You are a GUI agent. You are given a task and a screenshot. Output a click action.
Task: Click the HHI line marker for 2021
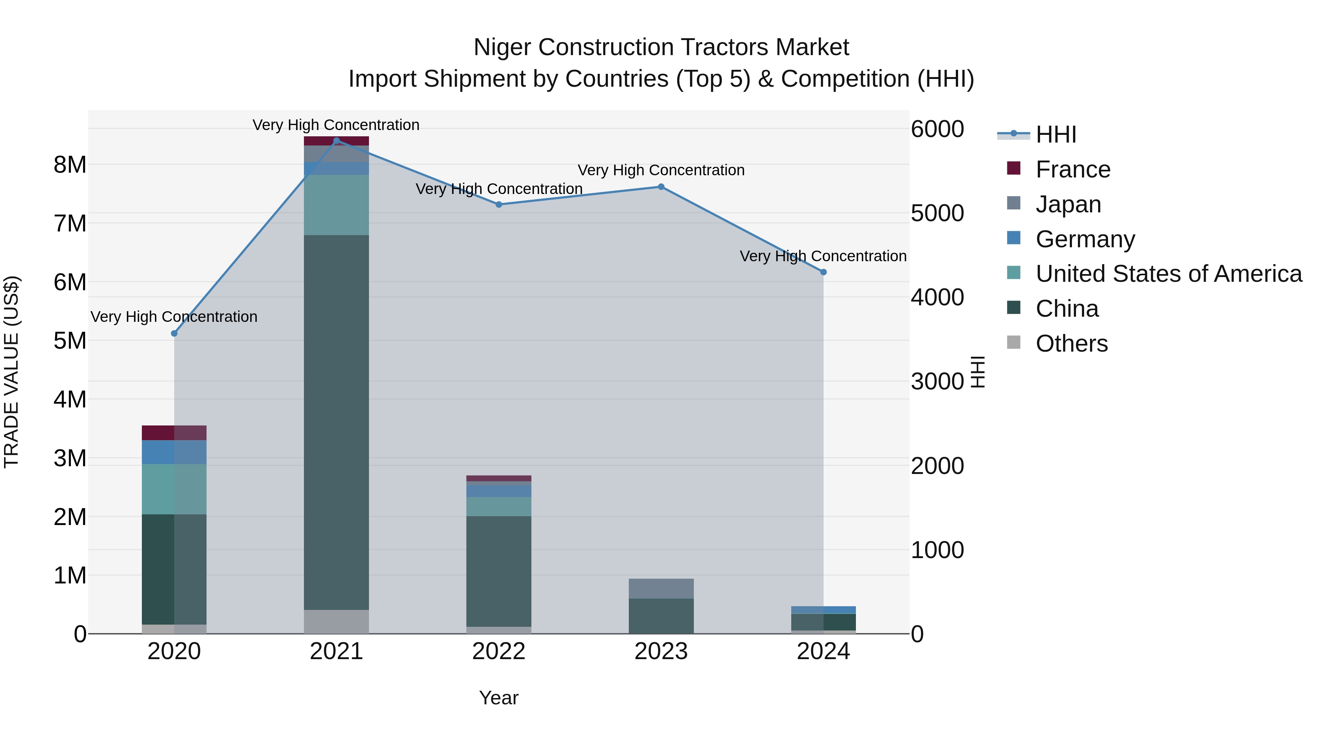tap(336, 141)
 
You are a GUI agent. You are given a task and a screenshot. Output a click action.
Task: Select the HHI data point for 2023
tap(661, 187)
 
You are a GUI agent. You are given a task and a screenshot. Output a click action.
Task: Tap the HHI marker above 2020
tap(174, 334)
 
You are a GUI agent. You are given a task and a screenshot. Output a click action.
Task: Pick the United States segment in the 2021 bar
tap(336, 205)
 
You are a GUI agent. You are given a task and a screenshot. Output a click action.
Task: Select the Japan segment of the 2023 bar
tap(661, 589)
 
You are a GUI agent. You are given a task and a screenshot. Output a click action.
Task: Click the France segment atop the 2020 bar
tap(174, 433)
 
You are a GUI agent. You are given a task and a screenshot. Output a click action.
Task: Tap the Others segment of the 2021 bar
tap(336, 621)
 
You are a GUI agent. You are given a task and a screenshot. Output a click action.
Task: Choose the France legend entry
tap(1072, 169)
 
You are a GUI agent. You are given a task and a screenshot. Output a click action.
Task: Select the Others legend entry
tap(1071, 344)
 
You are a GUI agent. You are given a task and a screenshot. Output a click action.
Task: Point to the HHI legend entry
tap(1055, 134)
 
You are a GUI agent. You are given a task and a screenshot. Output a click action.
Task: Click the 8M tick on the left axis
tap(70, 165)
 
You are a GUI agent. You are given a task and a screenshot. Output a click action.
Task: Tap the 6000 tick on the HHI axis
tap(937, 129)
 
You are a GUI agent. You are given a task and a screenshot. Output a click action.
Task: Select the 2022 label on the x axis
tap(498, 651)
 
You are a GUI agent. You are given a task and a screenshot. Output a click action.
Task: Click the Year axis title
tap(498, 698)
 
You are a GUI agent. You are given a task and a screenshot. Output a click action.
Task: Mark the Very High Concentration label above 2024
tap(823, 256)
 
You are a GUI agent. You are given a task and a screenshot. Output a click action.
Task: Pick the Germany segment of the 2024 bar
tap(823, 610)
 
